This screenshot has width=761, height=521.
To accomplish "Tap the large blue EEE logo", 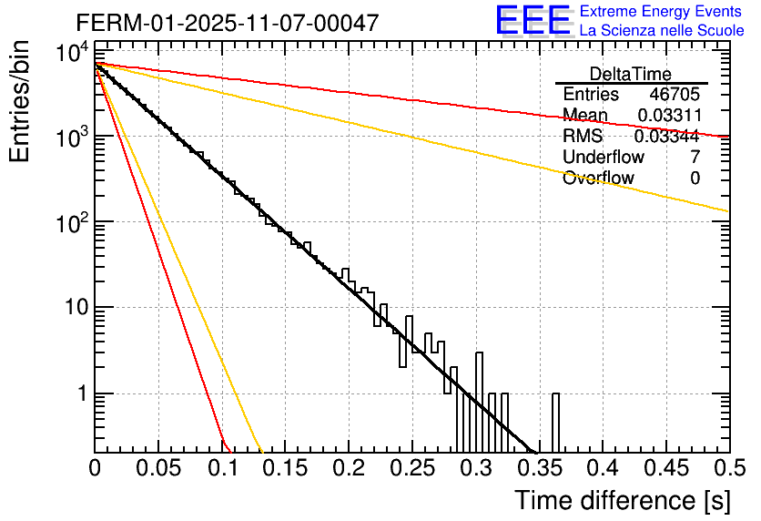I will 533,21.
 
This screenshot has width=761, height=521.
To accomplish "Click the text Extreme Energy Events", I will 662,12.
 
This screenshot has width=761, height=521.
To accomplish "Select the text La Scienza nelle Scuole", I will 662,30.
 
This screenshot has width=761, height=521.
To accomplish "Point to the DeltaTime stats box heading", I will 631,74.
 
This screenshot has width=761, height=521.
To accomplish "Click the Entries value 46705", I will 675,95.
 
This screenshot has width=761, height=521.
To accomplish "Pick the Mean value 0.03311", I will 668,115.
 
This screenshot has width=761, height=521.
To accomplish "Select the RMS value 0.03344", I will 666,136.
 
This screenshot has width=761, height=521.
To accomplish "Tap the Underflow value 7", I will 695,157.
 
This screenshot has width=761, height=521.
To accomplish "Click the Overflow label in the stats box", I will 598,178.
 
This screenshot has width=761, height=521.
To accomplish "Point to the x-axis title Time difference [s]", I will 621,500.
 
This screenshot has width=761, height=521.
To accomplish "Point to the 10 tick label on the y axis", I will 70,309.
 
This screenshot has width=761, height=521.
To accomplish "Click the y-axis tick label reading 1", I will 80,394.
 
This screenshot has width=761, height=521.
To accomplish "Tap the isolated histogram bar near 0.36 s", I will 555,423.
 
